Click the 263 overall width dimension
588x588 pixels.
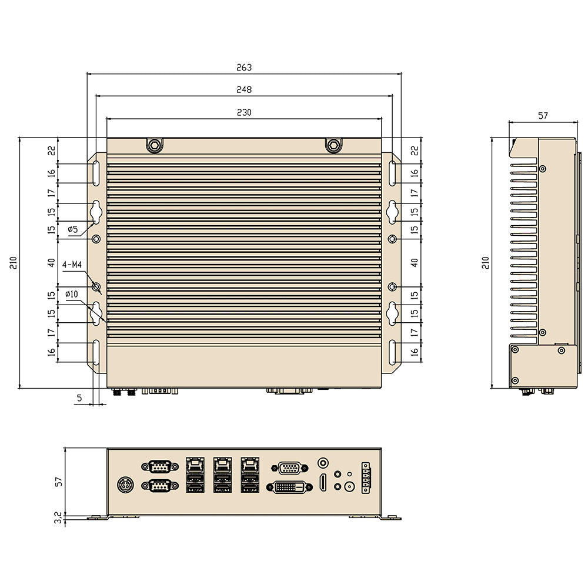tap(243, 68)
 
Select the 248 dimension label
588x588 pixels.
tap(243, 90)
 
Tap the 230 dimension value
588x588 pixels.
tap(243, 113)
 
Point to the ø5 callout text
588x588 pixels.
tap(73, 229)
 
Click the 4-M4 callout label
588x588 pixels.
tap(72, 265)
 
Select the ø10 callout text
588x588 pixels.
tap(72, 294)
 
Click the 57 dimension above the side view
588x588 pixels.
tap(542, 116)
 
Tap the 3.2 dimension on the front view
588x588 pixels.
tap(57, 518)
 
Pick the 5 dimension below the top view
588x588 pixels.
tap(79, 398)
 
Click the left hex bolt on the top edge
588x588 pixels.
tap(154, 145)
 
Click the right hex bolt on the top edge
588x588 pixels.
tap(333, 145)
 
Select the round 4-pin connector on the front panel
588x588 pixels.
tap(125, 486)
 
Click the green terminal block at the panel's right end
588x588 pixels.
tap(366, 478)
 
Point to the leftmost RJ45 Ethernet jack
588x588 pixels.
tap(195, 466)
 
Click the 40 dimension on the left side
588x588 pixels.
tap(52, 262)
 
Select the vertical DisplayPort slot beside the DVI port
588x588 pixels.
tap(322, 482)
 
